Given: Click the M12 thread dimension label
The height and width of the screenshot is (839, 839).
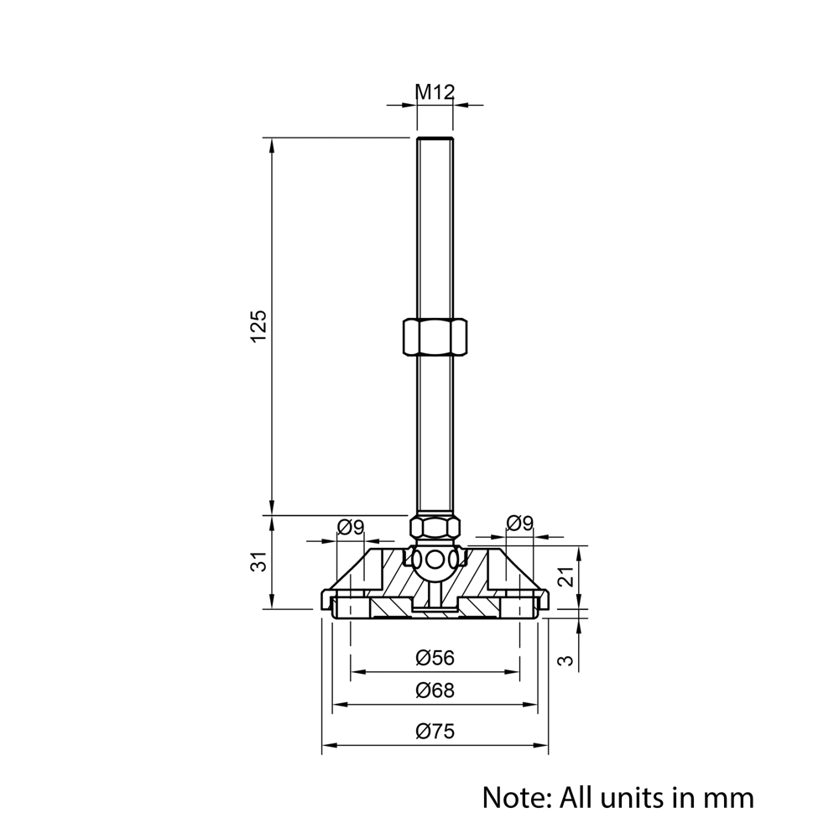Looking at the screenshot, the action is point(435,92).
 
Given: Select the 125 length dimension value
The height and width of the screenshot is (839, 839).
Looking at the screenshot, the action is point(258,326).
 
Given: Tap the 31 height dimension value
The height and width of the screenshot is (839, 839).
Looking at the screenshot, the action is point(259,562).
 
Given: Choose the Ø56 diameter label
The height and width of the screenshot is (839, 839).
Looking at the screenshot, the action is point(435,658).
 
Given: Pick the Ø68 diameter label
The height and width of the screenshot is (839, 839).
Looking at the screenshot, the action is point(435,690).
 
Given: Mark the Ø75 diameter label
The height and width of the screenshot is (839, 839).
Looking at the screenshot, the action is point(435,731).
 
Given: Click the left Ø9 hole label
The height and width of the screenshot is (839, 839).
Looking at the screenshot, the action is point(351,528).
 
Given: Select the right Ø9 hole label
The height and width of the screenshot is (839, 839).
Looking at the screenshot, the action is point(520,523).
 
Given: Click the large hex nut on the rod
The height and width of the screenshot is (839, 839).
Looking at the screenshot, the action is point(435,336).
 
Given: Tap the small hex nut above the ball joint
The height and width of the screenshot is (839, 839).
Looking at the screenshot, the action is point(435,527).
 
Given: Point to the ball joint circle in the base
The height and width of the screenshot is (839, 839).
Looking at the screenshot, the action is point(435,561).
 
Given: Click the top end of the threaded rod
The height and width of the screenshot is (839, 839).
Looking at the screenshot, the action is point(435,138).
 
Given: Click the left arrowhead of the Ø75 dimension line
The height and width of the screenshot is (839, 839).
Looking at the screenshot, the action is point(327,745).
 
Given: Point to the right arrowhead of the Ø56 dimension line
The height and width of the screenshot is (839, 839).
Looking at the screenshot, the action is point(513,671).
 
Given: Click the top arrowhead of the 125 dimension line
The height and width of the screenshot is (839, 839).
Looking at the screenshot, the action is point(272,144).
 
